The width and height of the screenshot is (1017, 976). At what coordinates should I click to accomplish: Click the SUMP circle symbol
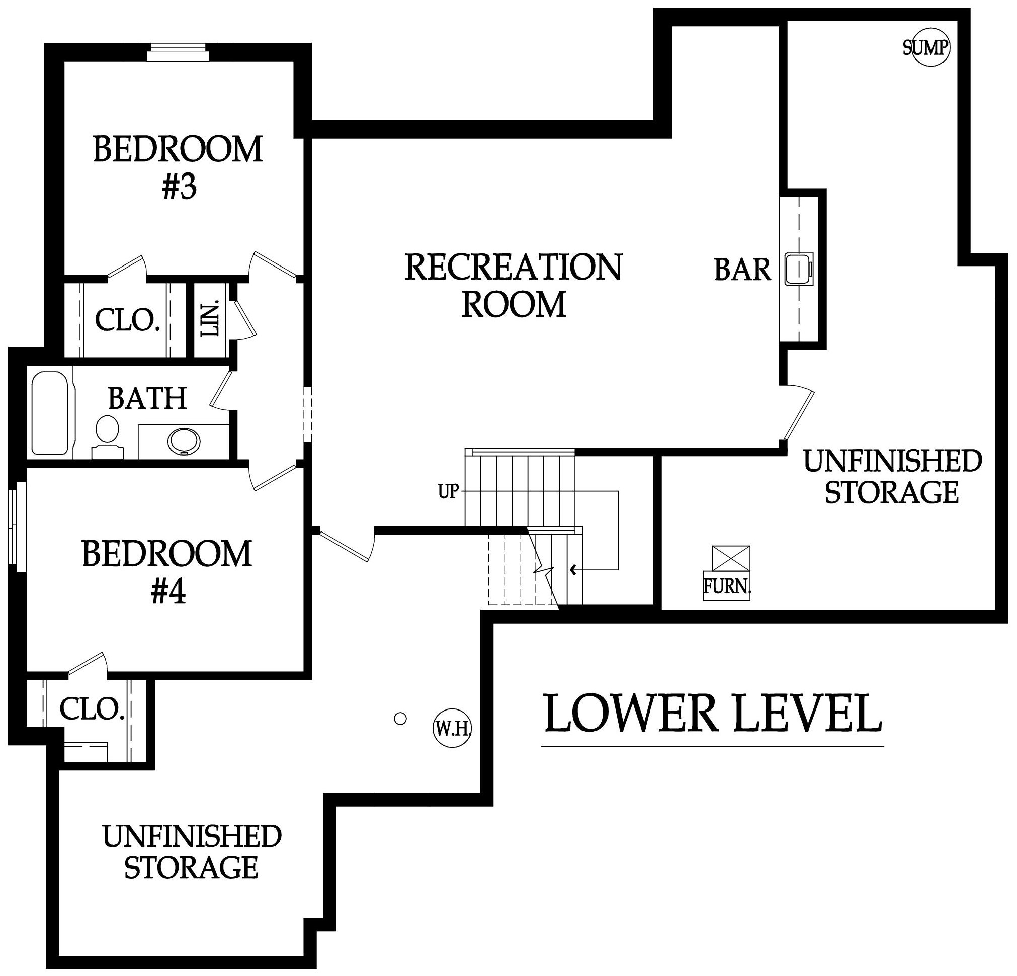click(931, 48)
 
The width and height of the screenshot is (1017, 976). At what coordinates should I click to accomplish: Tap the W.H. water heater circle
click(452, 729)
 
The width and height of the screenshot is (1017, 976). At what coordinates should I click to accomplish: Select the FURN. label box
click(726, 586)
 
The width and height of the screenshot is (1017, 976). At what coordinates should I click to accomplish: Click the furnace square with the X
click(731, 558)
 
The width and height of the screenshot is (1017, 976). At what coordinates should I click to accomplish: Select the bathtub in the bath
click(50, 412)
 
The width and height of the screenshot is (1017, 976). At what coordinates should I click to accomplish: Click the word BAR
click(742, 270)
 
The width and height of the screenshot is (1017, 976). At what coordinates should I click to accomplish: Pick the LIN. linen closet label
click(212, 318)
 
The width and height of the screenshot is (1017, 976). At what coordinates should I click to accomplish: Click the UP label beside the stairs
click(448, 491)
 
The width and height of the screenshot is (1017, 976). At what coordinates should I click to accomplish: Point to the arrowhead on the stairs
click(574, 570)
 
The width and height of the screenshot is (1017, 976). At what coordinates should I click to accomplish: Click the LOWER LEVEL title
click(712, 714)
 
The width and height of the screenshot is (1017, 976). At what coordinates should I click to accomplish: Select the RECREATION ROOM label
click(513, 286)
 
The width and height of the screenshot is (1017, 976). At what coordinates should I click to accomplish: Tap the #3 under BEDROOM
click(179, 188)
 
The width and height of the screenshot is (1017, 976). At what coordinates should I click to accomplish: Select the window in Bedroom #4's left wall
click(18, 527)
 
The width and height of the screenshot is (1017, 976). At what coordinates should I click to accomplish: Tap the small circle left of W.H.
click(400, 719)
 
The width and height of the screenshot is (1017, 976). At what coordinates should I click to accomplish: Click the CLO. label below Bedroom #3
click(127, 320)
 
